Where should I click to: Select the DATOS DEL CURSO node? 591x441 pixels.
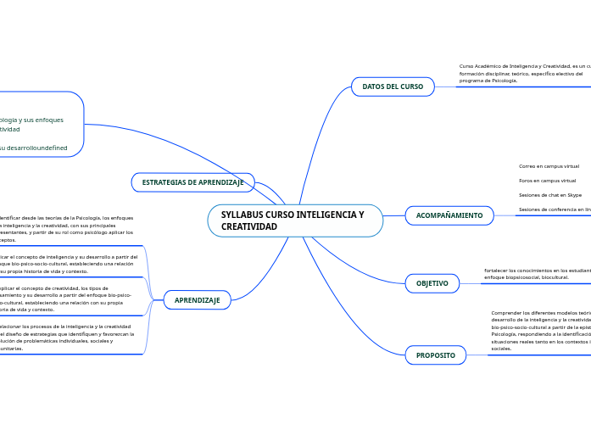393,87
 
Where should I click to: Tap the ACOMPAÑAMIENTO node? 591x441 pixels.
449,215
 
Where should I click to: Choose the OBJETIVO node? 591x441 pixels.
432,282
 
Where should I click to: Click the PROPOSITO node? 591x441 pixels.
435,355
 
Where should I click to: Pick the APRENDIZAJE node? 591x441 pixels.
197,300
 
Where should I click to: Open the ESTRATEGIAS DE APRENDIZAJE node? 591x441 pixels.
192,182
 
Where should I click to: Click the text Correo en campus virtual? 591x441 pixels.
549,166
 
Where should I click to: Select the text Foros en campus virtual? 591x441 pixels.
547,181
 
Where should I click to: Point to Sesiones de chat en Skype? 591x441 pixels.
549,195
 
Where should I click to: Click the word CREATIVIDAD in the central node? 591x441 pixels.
248,227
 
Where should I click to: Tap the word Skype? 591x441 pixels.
572,195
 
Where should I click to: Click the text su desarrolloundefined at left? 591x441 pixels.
34,148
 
